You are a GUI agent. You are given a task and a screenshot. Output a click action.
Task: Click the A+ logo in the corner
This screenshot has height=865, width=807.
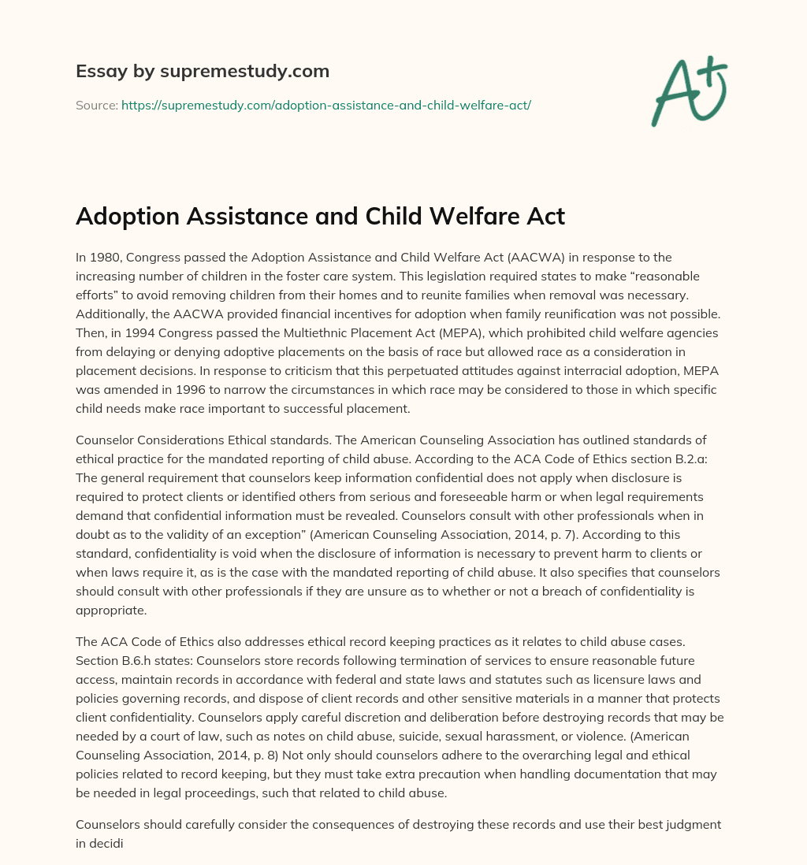click(688, 90)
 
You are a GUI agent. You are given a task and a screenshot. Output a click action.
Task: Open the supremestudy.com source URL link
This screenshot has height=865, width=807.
click(326, 105)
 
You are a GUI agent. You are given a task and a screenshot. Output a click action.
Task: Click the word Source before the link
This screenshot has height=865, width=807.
click(96, 105)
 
